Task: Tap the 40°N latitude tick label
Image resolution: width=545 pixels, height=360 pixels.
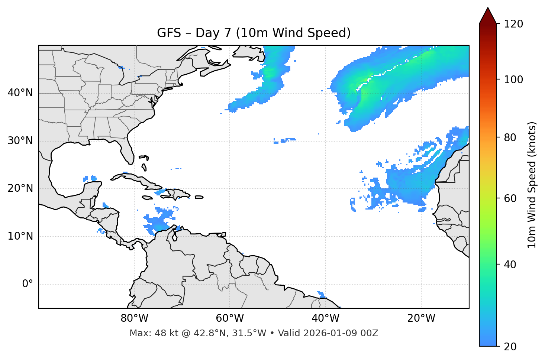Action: click(20, 93)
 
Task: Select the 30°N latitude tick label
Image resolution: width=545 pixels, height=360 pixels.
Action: click(20, 141)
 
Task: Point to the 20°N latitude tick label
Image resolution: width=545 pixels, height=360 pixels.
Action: click(20, 188)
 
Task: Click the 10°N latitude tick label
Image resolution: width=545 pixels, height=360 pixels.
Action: click(20, 236)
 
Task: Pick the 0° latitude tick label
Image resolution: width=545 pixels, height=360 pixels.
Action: click(27, 284)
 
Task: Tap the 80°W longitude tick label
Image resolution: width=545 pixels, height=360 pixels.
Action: click(134, 318)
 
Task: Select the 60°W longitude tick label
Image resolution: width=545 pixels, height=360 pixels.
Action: click(230, 318)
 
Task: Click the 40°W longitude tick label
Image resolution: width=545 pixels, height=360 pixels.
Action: click(325, 318)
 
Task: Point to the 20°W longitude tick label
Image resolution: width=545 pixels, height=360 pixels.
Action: click(421, 318)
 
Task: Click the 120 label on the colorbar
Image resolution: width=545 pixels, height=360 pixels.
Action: click(513, 24)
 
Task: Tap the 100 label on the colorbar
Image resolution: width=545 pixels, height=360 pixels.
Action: click(513, 80)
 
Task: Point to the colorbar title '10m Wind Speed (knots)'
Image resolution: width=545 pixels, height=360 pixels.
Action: click(532, 185)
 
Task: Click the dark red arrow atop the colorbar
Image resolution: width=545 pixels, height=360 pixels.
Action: click(488, 16)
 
